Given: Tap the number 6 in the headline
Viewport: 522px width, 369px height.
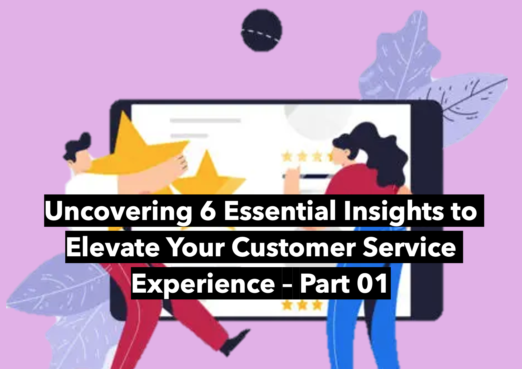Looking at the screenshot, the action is click(x=208, y=210).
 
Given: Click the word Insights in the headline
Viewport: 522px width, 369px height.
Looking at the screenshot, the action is click(x=393, y=212).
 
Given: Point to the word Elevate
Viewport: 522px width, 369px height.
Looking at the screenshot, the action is click(x=113, y=247).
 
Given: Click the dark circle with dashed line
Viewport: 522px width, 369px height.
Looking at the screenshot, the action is click(x=262, y=30).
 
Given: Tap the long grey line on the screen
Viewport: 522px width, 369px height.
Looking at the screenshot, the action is click(x=205, y=121).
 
